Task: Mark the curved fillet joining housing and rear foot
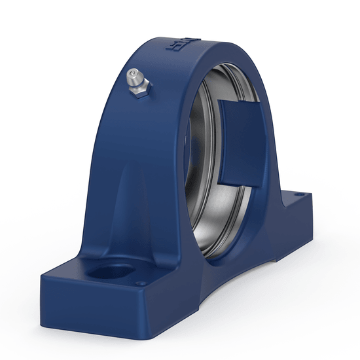click(x=274, y=190)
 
